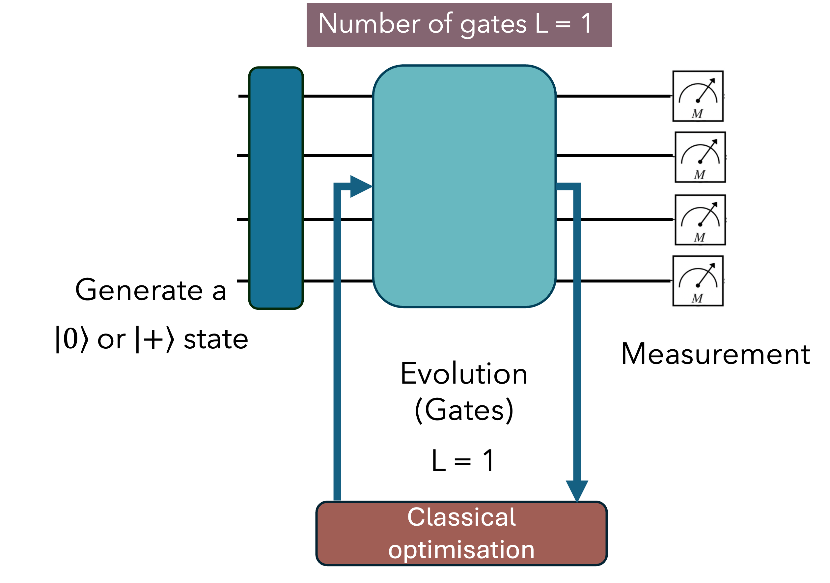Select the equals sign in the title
coord(563,25)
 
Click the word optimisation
coord(461,550)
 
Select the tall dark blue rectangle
coord(276,188)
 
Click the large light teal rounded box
coord(464,186)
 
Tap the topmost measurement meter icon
coord(697,96)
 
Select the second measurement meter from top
coord(700,157)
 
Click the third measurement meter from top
coord(700,219)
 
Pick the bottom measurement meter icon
coord(697,281)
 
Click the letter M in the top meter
coord(697,114)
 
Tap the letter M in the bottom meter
coord(697,299)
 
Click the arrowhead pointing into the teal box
coord(360,187)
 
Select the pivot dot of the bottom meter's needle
coord(698,286)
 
